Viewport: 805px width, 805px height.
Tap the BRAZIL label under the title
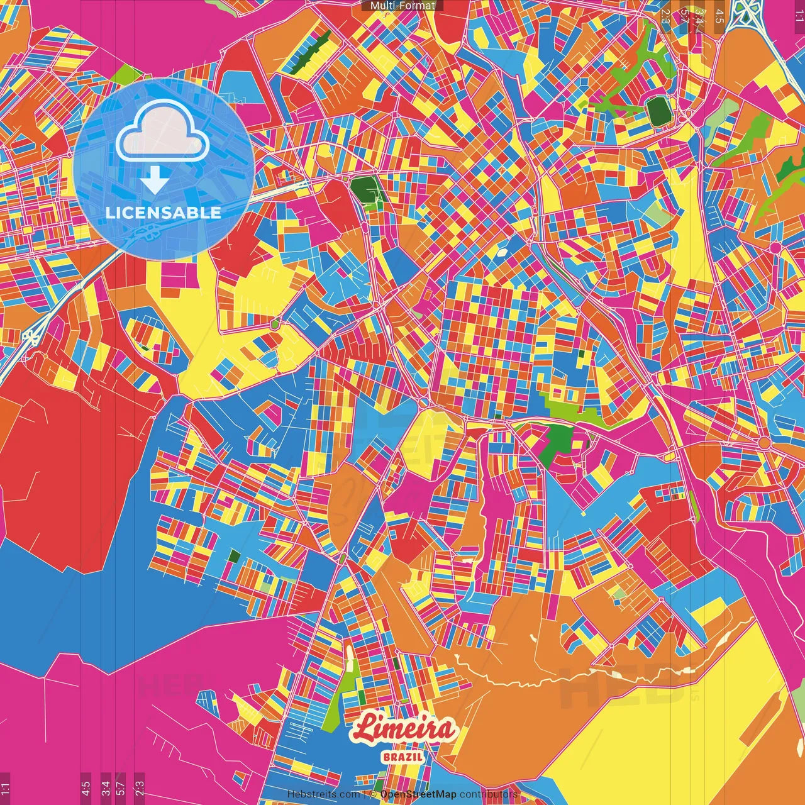click(402, 757)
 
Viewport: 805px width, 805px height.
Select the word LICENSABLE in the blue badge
click(164, 213)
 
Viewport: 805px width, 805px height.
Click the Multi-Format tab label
click(402, 6)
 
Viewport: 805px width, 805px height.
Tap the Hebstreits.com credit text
click(323, 794)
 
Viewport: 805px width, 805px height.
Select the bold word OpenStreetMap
click(418, 794)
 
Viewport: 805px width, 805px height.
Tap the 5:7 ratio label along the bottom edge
click(121, 787)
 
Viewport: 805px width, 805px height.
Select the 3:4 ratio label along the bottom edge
click(106, 787)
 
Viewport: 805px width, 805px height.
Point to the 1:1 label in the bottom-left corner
click(6, 789)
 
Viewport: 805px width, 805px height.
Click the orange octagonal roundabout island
click(763, 443)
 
